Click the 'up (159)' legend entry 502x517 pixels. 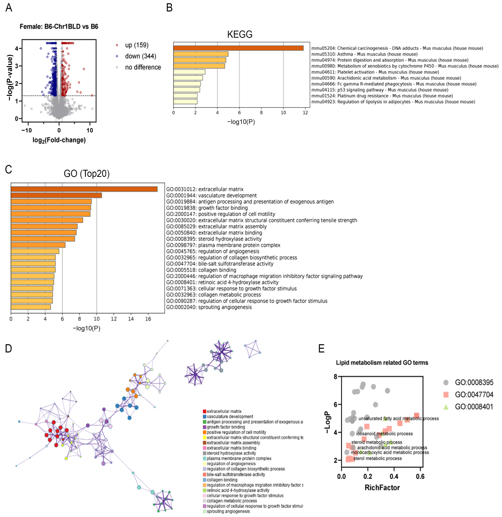(137, 45)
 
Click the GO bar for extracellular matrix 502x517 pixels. (84, 189)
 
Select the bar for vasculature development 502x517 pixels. (56, 195)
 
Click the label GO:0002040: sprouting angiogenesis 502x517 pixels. (209, 307)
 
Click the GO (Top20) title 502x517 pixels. (87, 174)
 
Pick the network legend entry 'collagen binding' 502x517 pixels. (222, 480)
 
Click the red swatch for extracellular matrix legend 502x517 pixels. (204, 411)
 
